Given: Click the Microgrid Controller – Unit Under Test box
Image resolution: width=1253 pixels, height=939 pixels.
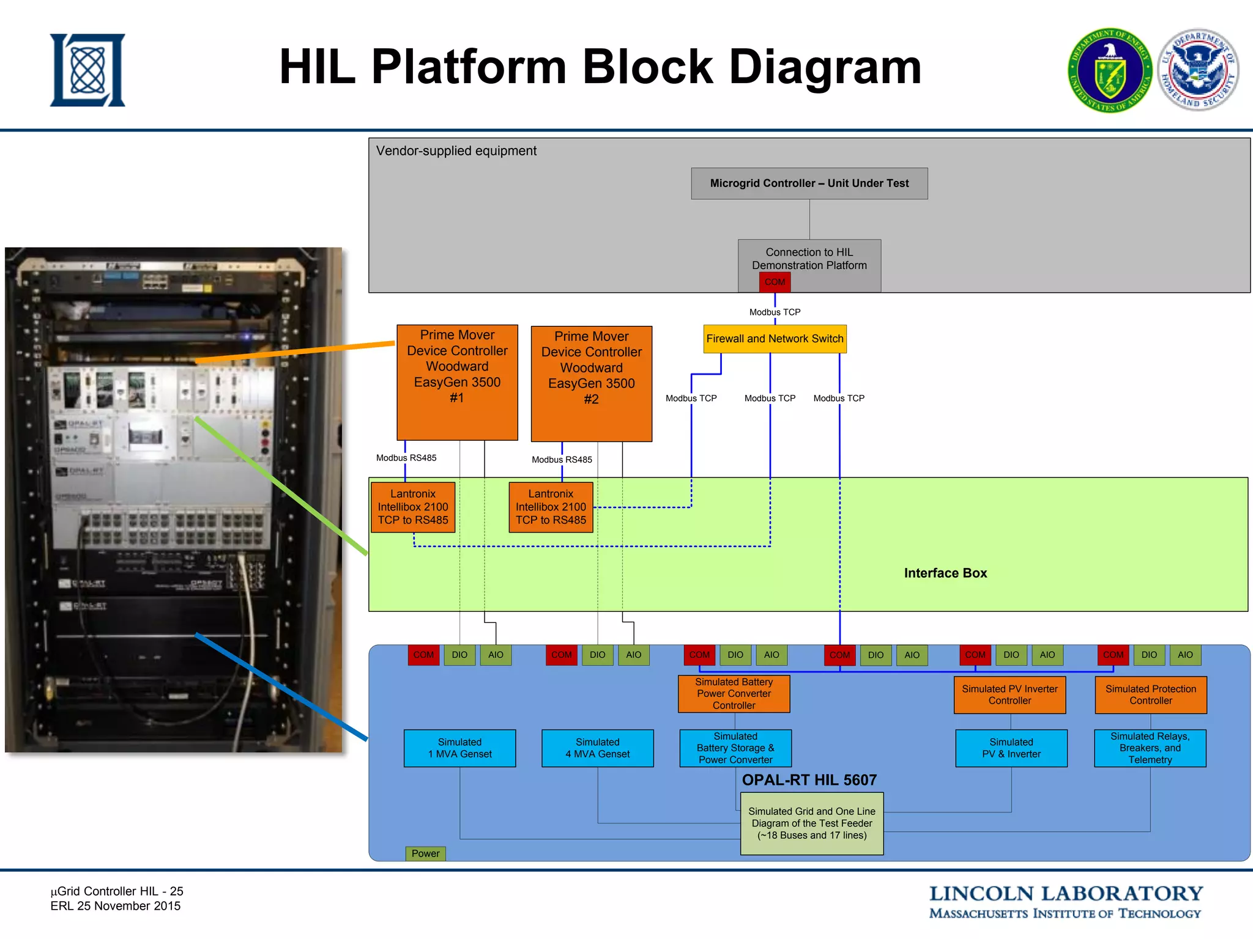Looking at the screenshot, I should pyautogui.click(x=809, y=183).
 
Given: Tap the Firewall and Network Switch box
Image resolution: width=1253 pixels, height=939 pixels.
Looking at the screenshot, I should pyautogui.click(x=775, y=339).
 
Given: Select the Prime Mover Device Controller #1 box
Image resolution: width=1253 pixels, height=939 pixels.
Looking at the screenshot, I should pyautogui.click(x=457, y=382).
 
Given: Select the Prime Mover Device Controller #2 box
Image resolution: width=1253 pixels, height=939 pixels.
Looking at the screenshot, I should pyautogui.click(x=591, y=383).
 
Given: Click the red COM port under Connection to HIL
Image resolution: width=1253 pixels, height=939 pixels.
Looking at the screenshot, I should pyautogui.click(x=775, y=282).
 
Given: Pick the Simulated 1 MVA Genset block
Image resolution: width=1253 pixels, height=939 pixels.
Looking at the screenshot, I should pyautogui.click(x=459, y=748).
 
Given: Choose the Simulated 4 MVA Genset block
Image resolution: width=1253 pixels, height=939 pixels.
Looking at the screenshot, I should pyautogui.click(x=597, y=748).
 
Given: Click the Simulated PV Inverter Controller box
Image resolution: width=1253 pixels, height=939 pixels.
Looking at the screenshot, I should pyautogui.click(x=1009, y=694).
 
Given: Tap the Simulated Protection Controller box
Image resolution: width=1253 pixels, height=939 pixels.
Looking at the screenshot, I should pyautogui.click(x=1150, y=694).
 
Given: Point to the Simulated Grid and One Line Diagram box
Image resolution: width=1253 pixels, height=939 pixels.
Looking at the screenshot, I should pyautogui.click(x=811, y=823).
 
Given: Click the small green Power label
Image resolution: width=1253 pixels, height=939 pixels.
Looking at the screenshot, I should pyautogui.click(x=425, y=853).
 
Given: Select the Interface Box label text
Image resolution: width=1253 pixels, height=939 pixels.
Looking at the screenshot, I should pyautogui.click(x=945, y=573).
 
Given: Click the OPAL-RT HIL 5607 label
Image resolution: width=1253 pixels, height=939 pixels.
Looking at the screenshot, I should pyautogui.click(x=809, y=780).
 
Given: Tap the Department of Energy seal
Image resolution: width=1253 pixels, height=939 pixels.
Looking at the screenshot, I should pyautogui.click(x=1109, y=70).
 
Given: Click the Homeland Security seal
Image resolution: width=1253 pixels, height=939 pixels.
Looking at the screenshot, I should pyautogui.click(x=1198, y=70).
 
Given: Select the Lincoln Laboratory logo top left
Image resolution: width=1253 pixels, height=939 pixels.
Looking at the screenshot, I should pyautogui.click(x=87, y=70).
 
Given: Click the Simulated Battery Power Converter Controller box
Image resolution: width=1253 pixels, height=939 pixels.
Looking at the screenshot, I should pyautogui.click(x=734, y=693).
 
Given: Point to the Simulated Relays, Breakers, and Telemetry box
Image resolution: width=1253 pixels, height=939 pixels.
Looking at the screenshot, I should pyautogui.click(x=1150, y=748).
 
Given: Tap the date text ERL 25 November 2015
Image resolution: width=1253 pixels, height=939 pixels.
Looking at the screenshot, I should pyautogui.click(x=116, y=906).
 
